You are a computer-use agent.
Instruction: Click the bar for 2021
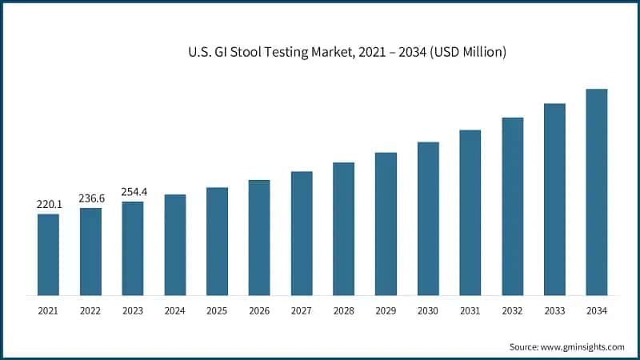48,254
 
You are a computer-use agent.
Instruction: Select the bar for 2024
175,245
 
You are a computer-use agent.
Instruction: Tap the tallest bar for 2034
597,192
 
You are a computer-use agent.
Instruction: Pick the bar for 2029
386,224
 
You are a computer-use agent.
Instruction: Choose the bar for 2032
512,206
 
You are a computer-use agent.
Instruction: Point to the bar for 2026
259,238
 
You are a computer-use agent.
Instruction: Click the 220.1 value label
48,204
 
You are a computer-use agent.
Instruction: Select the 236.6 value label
90,198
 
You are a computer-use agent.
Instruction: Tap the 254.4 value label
133,192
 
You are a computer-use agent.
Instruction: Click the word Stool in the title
243,52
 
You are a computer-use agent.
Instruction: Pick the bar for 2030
428,218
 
